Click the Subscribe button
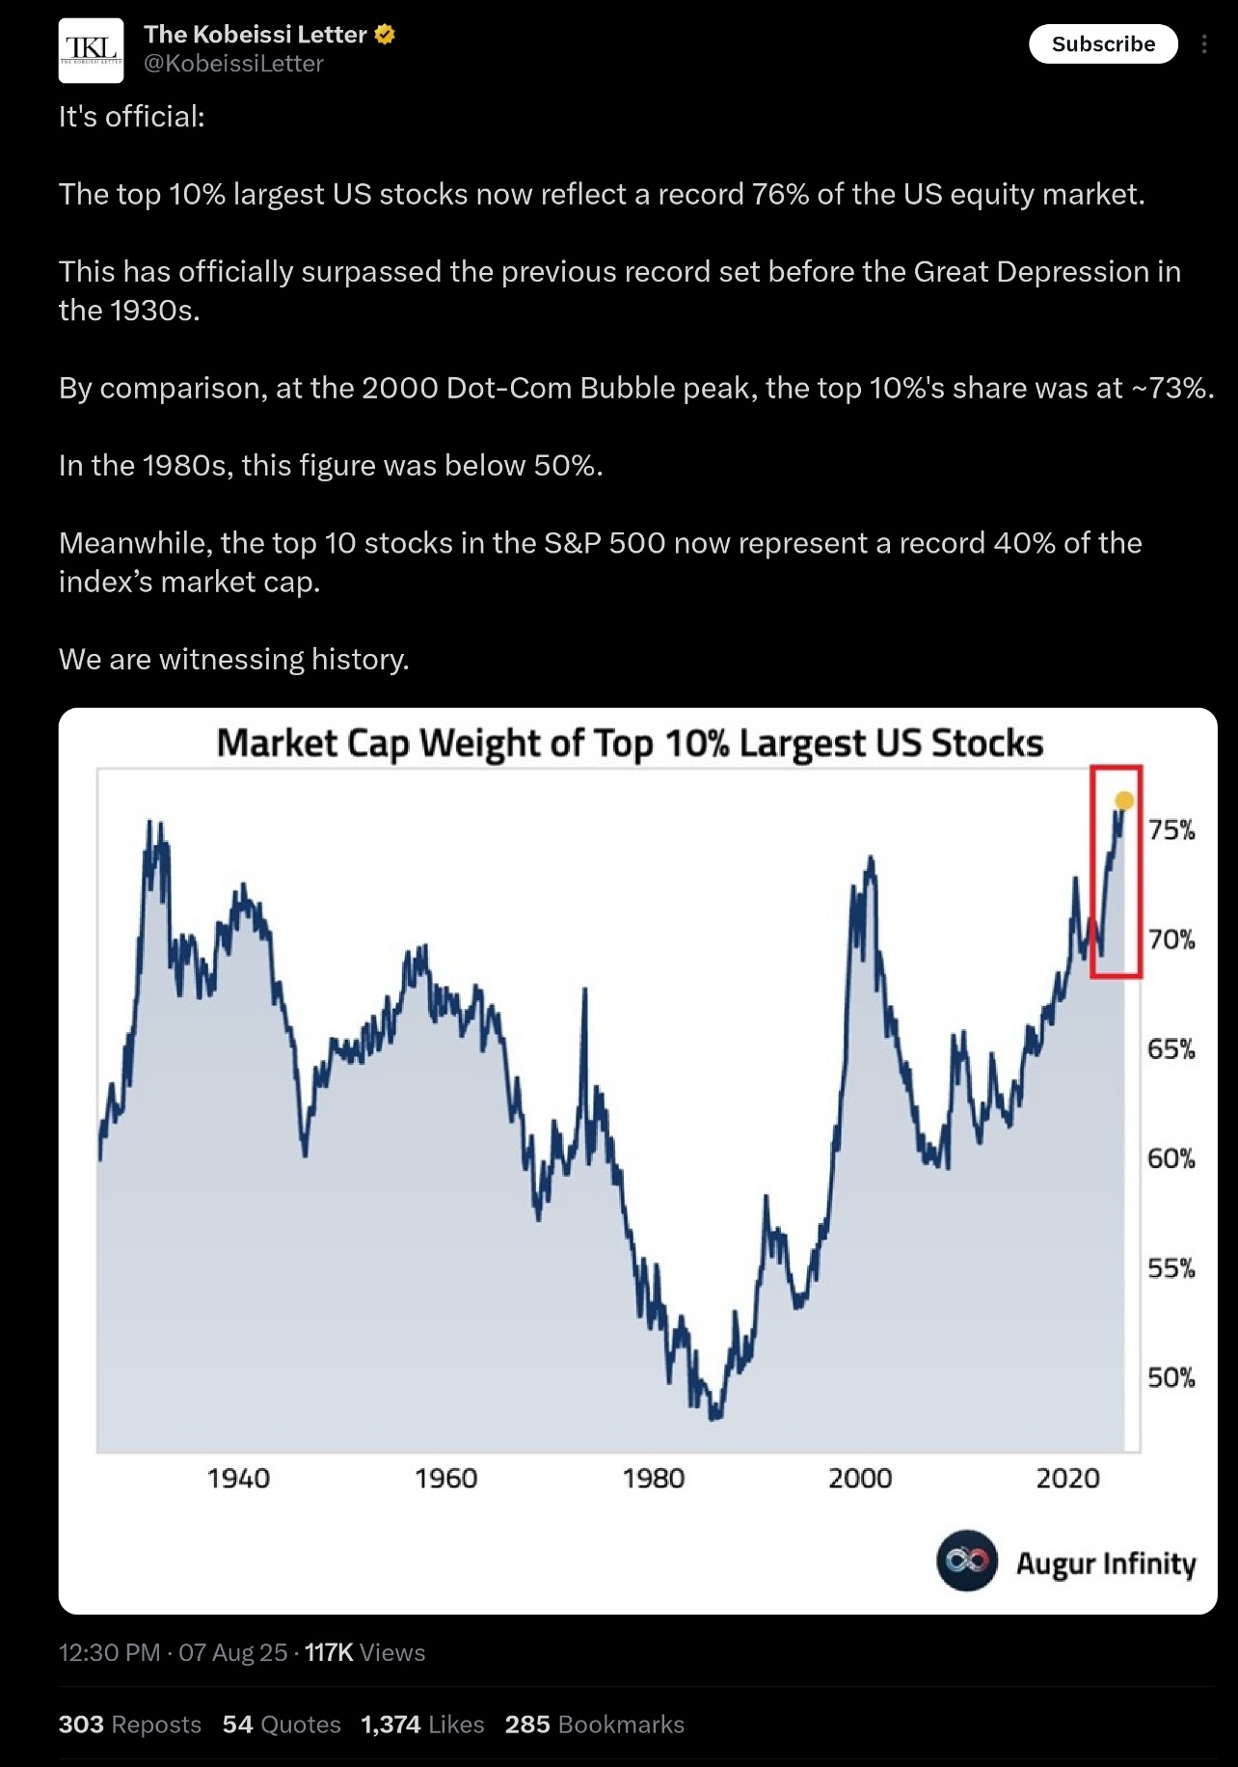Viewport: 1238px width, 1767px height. pos(1103,44)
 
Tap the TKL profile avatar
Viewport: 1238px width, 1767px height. pos(91,50)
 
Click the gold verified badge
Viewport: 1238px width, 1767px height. pos(385,35)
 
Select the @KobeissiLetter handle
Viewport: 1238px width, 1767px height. pos(233,64)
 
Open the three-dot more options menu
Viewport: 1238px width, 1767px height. pos(1203,44)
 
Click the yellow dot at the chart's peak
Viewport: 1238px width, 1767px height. pos(1124,801)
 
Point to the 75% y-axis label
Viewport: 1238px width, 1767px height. pos(1171,829)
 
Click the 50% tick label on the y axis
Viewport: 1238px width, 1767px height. pos(1171,1377)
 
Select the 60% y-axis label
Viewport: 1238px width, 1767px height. pos(1171,1158)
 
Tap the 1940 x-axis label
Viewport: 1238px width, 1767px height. pos(238,1479)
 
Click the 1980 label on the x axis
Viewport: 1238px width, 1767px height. pos(653,1479)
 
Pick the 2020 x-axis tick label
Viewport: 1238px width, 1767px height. pos(1067,1479)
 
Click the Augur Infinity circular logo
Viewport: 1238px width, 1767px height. pos(966,1561)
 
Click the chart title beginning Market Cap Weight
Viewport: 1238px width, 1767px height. pos(630,744)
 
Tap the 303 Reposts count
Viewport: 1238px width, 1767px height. pos(130,1725)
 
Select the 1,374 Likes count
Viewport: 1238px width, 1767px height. pos(422,1725)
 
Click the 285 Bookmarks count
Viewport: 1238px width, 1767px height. pos(594,1725)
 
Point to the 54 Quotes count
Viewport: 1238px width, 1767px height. pos(282,1725)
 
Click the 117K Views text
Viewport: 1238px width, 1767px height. pos(364,1652)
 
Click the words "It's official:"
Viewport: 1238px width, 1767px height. pos(132,117)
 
